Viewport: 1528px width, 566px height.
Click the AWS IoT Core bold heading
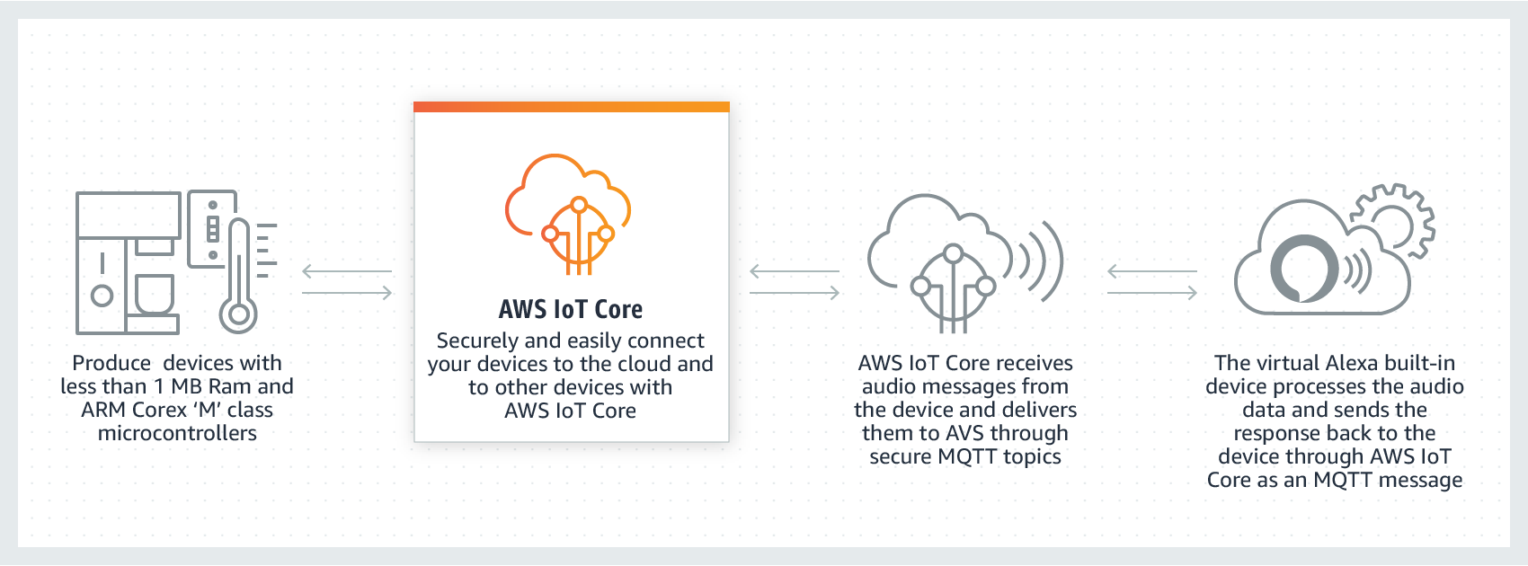click(x=571, y=310)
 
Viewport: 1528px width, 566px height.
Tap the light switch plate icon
click(x=212, y=229)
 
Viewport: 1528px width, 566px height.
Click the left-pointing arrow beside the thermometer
click(x=347, y=271)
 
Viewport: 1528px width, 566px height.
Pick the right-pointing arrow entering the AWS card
click(x=347, y=293)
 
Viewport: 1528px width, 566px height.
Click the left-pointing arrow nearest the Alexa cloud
click(x=1151, y=271)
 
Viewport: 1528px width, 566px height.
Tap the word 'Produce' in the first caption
click(x=111, y=363)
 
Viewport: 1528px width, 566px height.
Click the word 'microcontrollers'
click(x=177, y=433)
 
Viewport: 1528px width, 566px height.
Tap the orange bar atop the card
click(x=571, y=107)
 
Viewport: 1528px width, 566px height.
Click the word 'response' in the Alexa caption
click(x=1276, y=433)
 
